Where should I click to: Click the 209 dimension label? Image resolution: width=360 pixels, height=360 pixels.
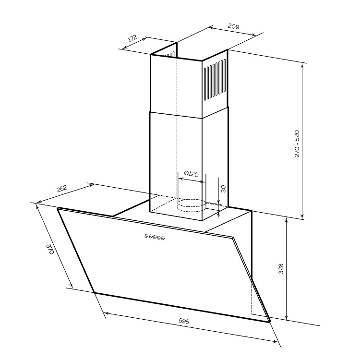(233, 26)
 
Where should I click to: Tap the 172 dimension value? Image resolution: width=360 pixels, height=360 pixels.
(132, 38)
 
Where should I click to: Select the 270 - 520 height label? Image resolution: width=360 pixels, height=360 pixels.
(297, 144)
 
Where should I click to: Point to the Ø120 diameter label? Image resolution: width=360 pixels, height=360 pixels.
(191, 174)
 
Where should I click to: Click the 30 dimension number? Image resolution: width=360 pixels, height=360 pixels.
(223, 189)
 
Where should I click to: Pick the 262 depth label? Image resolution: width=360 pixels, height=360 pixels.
(62, 189)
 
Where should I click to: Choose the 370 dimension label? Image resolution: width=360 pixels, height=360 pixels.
(50, 249)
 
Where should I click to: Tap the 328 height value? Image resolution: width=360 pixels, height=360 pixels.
(281, 269)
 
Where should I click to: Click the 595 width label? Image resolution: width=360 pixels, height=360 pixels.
(184, 321)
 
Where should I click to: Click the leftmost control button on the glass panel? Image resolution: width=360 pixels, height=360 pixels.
(146, 236)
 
